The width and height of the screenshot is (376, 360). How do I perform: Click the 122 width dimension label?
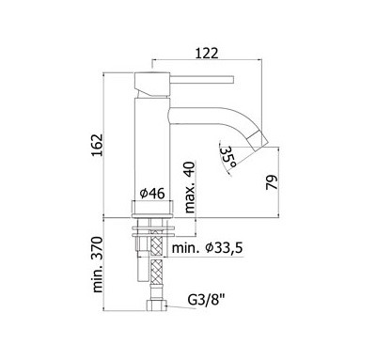coord(207,54)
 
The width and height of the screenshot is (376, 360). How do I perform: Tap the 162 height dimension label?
coord(97,146)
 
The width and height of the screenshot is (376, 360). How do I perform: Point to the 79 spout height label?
coord(272,182)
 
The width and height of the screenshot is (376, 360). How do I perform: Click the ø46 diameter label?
coord(152,194)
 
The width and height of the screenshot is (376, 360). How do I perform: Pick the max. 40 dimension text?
coord(189,187)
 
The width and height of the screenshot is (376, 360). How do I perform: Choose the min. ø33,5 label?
coord(208,248)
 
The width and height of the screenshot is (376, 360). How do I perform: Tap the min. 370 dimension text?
coord(97,265)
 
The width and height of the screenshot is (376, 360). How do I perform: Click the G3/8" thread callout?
coord(207,300)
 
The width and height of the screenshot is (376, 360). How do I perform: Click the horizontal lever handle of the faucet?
coord(202,79)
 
